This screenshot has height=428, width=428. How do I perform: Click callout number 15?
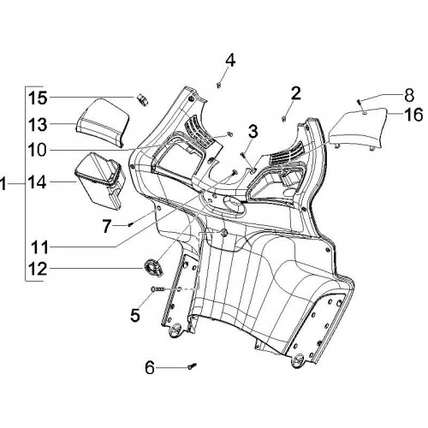[x=38, y=98]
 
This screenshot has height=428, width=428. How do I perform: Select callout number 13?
[x=38, y=125]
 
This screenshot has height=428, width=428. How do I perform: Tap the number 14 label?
[x=38, y=182]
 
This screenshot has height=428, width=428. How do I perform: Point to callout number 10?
[x=38, y=150]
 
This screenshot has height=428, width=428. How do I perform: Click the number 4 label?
[x=230, y=60]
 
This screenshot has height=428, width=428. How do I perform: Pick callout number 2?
[x=296, y=93]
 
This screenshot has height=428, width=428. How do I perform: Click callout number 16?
[x=413, y=115]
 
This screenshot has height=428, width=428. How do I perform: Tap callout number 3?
[x=253, y=132]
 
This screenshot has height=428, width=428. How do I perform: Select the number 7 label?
[x=106, y=227]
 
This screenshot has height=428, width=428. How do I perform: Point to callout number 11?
[x=39, y=247]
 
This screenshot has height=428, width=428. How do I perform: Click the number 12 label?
[x=38, y=269]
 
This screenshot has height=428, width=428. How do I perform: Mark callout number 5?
[x=135, y=315]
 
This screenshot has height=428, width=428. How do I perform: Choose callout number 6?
[x=150, y=367]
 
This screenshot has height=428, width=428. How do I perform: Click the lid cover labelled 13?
[x=103, y=122]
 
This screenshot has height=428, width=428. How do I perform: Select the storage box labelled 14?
[x=100, y=181]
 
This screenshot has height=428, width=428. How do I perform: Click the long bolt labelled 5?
[x=158, y=289]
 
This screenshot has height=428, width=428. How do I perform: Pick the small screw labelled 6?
[x=192, y=366]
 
